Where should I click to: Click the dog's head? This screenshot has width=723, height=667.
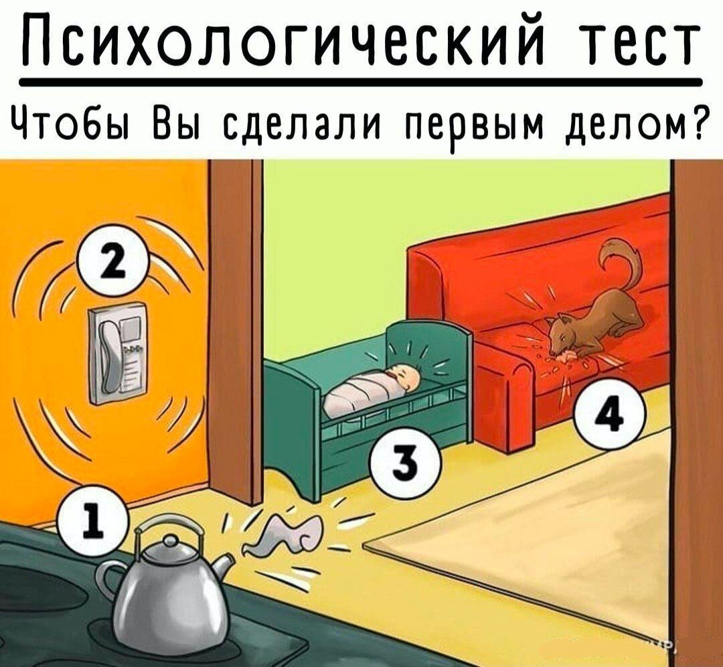point(563,333)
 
